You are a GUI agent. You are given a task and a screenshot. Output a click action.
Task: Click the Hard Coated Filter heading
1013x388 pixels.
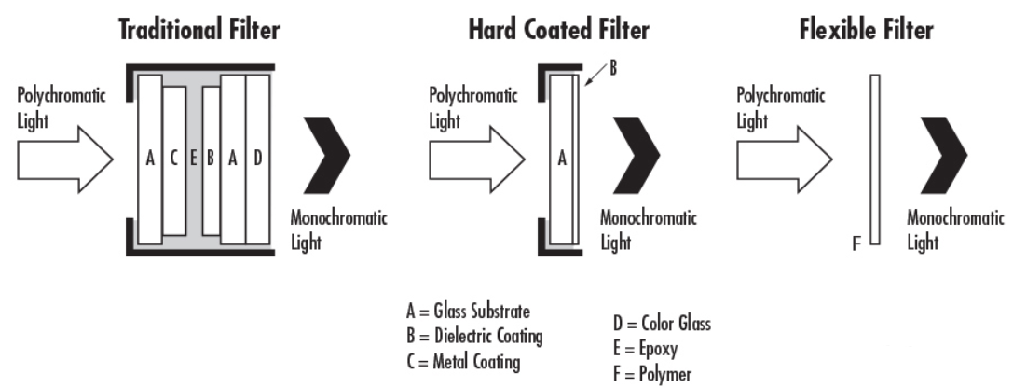(557, 32)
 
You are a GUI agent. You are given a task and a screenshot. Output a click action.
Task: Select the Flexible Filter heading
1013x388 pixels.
(865, 32)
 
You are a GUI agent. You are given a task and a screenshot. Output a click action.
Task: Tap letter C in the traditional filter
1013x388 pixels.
(173, 158)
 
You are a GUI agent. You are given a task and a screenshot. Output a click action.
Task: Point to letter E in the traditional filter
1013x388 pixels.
(193, 158)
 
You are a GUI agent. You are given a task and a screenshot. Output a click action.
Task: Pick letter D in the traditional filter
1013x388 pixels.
(257, 158)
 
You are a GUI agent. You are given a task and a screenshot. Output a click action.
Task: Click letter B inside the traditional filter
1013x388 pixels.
(211, 158)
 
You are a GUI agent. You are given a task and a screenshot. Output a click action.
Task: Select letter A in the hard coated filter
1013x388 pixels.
(561, 159)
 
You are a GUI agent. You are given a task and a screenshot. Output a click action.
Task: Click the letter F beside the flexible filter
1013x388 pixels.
(857, 244)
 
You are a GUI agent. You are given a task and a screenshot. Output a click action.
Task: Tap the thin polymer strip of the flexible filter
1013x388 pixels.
(874, 159)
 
